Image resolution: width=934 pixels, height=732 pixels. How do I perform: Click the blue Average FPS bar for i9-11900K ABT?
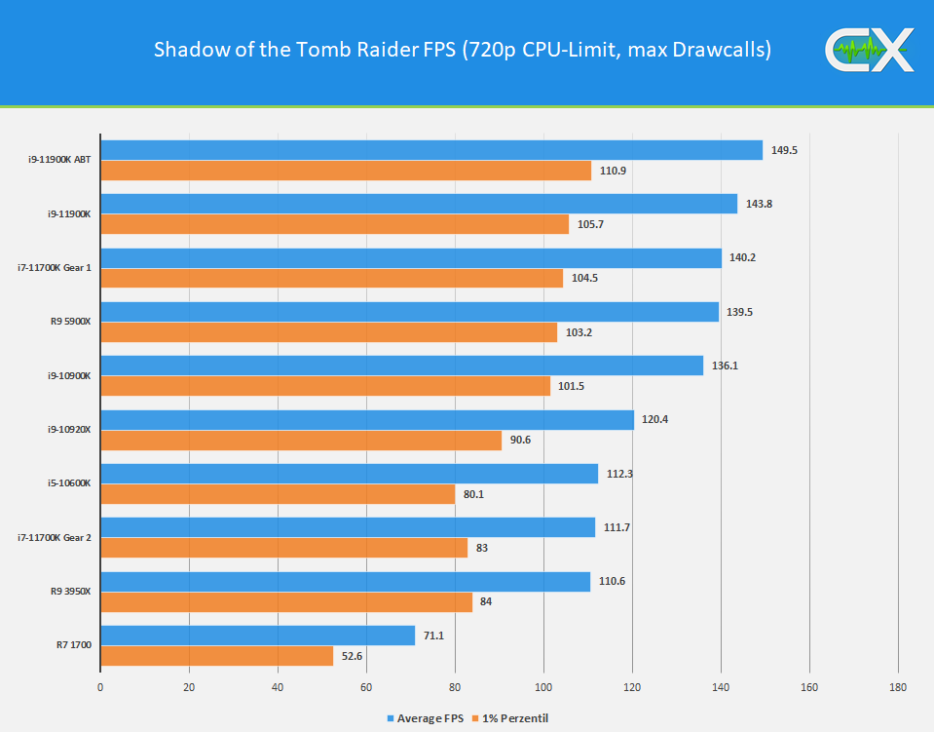tap(430, 150)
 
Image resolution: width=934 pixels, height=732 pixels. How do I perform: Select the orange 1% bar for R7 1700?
tap(216, 656)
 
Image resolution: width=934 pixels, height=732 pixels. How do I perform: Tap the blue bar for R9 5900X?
tap(409, 312)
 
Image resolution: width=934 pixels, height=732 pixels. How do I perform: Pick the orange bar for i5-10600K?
tap(278, 494)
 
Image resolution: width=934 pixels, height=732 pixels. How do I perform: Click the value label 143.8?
tap(759, 204)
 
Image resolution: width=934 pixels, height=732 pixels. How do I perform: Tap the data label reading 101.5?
tap(572, 386)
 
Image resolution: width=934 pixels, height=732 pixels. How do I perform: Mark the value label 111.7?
tap(616, 527)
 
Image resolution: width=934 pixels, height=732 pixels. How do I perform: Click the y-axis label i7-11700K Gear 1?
tap(55, 268)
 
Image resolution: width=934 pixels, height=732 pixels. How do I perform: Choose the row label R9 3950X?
tap(71, 592)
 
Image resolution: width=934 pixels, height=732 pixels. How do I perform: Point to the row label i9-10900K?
tap(69, 376)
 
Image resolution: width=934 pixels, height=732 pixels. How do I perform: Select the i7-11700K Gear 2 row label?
tap(55, 538)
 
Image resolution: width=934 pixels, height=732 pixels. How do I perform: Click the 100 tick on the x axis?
tap(543, 687)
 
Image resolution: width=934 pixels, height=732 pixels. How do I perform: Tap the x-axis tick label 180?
tap(897, 687)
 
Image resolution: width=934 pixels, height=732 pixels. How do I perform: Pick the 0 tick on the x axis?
tap(100, 687)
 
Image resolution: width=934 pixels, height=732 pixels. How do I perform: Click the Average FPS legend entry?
tap(427, 718)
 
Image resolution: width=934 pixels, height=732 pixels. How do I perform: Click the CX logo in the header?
tap(870, 51)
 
